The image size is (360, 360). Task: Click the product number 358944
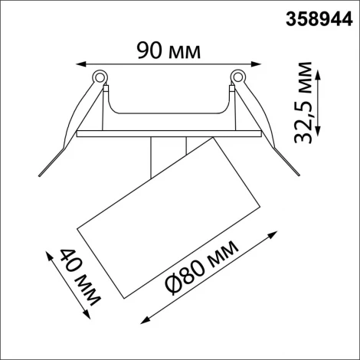pos(313,17)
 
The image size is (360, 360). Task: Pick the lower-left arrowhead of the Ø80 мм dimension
pos(140,322)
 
